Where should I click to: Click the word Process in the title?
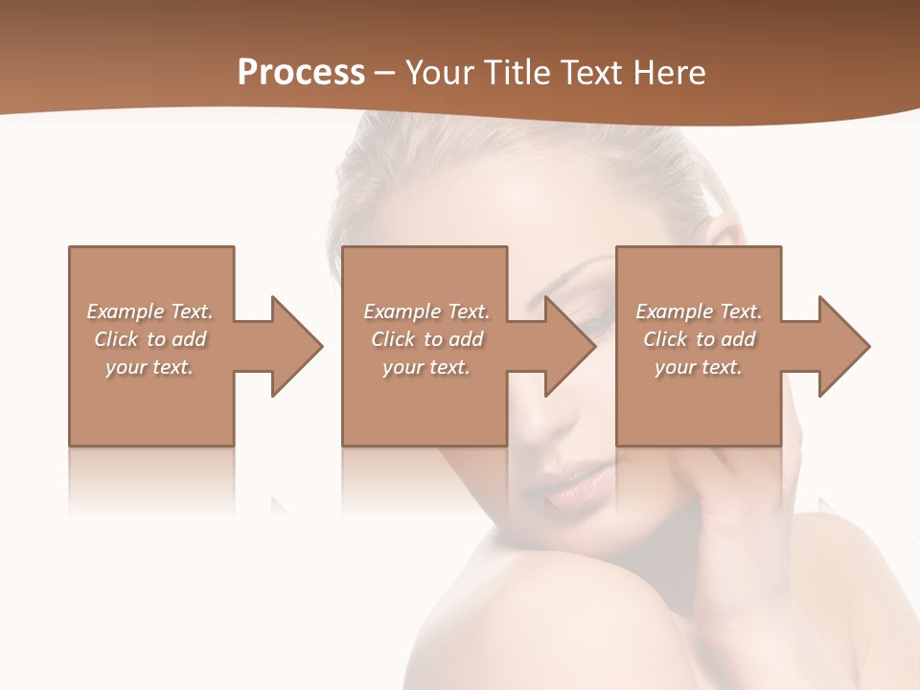point(301,73)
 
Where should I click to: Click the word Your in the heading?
point(439,73)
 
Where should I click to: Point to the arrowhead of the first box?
point(296,346)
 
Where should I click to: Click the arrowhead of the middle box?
point(569,346)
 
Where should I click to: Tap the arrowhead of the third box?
point(843,346)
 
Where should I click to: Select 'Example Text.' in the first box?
point(149,311)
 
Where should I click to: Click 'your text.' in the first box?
point(149,367)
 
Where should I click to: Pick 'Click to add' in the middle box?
point(426,339)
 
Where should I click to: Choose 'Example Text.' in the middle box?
point(426,311)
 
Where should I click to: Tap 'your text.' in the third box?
point(699,367)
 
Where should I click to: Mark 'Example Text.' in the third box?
point(699,311)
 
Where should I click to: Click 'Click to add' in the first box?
point(149,339)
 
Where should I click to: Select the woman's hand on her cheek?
point(728,498)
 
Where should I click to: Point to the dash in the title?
point(385,73)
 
